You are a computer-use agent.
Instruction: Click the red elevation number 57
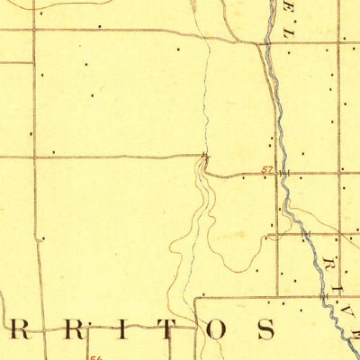pyautogui.click(x=267, y=167)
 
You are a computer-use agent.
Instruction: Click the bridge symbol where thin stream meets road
pyautogui.click(x=206, y=159)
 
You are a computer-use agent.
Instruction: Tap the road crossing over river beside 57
pyautogui.click(x=283, y=171)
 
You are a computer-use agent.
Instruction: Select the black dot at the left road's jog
pyautogui.click(x=40, y=239)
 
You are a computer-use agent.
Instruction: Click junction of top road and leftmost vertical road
pyautogui.click(x=34, y=29)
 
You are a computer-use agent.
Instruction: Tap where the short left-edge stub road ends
pyautogui.click(x=28, y=62)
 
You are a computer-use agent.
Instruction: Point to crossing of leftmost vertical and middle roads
pyautogui.click(x=34, y=157)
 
